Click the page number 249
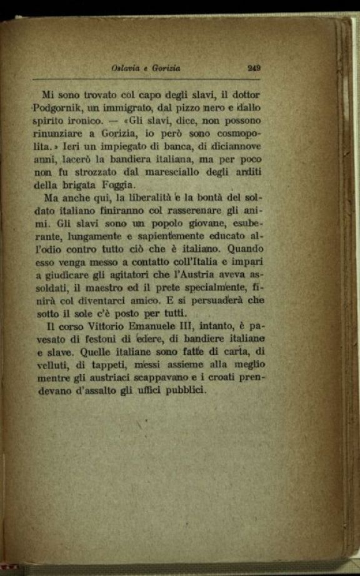[254, 69]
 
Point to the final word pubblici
[184, 391]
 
